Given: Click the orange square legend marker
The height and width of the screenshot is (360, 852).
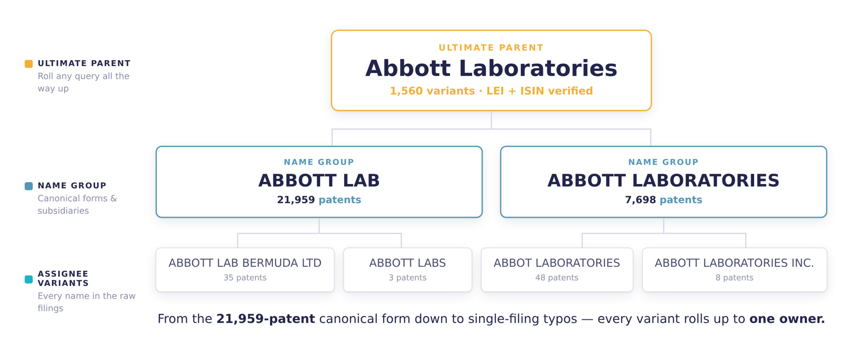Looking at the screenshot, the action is [29, 64].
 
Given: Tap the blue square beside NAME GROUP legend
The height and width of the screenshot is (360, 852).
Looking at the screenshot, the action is [29, 186].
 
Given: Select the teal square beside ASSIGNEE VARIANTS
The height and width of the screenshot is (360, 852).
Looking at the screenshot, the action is [29, 279].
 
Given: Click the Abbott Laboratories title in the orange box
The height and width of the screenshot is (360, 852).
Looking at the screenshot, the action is [491, 68].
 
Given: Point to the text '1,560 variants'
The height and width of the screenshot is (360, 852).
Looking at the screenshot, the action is [432, 91].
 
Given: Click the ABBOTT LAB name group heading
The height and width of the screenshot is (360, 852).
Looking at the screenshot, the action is [319, 180].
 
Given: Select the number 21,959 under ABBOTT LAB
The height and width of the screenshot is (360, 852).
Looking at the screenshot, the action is [296, 200].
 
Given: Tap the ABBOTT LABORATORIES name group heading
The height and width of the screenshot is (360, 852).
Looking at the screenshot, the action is [663, 180].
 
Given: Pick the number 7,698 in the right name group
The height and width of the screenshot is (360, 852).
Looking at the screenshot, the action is [640, 200].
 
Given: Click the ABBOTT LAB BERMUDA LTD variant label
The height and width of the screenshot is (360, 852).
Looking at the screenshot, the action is [245, 263].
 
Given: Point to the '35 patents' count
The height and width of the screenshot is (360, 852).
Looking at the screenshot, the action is [245, 277].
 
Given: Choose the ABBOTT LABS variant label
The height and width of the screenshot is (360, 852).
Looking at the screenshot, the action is [407, 263].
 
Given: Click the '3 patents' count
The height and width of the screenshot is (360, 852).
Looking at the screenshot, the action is [407, 277].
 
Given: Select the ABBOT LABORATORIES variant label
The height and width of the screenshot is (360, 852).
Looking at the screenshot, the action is [556, 263].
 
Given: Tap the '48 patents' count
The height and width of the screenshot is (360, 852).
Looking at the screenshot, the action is [556, 277].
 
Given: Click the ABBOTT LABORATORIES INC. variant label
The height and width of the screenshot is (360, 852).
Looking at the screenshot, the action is [734, 263].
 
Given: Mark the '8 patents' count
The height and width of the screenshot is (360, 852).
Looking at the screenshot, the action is [734, 277].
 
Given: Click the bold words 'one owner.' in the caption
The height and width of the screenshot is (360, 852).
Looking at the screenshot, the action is [787, 319].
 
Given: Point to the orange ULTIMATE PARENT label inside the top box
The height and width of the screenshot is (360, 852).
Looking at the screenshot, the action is [491, 48].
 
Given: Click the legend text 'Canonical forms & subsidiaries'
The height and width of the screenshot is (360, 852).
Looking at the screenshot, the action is [77, 204].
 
